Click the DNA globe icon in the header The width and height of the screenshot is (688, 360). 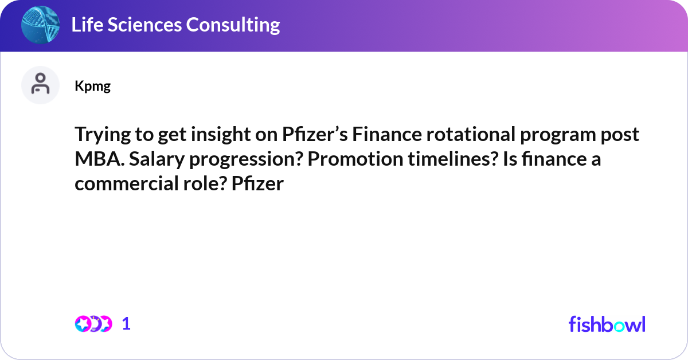pos(40,25)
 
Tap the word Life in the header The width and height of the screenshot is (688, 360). pos(87,25)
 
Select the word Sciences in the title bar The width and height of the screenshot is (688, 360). pos(144,25)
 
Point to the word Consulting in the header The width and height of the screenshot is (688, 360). pos(233,25)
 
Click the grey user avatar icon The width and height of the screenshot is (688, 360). pos(40,85)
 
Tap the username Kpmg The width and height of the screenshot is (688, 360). pos(92,87)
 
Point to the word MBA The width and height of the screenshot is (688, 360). pos(100,159)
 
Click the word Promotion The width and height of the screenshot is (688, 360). pos(355,159)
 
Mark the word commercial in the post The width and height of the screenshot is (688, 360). pos(127,183)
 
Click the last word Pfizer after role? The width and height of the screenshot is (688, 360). pos(257,183)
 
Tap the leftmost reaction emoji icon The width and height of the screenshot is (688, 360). pos(83,324)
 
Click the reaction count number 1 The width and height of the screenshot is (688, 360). pos(126,324)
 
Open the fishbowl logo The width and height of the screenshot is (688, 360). pos(607,324)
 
